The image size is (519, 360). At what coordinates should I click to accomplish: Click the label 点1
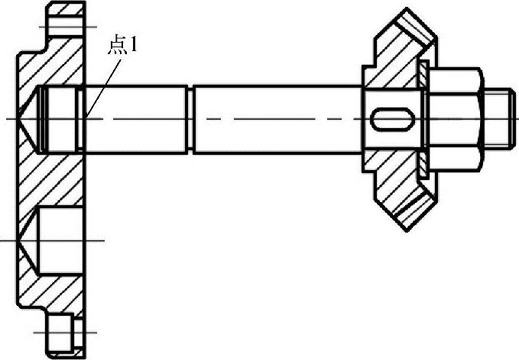pos(122,46)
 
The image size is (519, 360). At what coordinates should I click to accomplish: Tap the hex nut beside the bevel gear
pos(455,119)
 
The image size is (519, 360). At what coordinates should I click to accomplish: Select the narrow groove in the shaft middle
pos(190,119)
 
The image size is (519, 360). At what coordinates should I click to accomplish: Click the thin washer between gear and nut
pos(423,119)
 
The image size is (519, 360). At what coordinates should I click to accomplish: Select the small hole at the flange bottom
pos(60,333)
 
